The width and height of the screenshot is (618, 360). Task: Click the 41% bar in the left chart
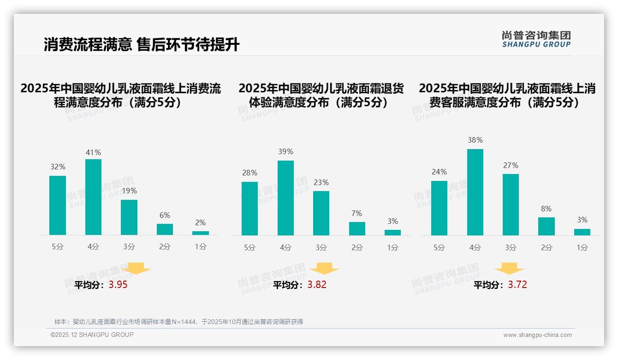point(93,197)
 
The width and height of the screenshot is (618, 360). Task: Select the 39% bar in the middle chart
point(285,198)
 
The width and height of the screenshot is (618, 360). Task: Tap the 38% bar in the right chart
point(475,192)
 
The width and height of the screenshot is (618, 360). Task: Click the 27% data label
point(511,165)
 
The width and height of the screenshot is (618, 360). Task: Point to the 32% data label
point(58,167)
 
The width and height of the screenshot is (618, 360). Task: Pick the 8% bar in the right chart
point(546,226)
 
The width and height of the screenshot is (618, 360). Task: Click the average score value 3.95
point(118,285)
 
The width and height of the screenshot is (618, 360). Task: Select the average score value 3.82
point(317,285)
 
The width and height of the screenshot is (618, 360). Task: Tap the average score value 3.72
point(517,285)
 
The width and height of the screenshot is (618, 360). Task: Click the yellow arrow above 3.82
point(324,269)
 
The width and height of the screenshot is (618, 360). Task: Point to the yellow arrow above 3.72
point(509,269)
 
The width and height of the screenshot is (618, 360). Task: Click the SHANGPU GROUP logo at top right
point(536,39)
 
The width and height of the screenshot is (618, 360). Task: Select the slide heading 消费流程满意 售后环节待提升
point(142,45)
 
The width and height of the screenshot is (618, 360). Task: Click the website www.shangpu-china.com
point(537,335)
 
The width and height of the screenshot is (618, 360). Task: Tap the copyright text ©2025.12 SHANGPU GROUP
point(92,335)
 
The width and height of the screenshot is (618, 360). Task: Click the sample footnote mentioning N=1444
point(178,322)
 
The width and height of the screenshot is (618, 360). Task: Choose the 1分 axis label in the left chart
point(201,247)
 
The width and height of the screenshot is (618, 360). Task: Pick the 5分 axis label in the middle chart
point(250,248)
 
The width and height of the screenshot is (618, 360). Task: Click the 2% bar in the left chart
point(201,233)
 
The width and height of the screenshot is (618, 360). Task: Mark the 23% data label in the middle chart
point(321,183)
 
